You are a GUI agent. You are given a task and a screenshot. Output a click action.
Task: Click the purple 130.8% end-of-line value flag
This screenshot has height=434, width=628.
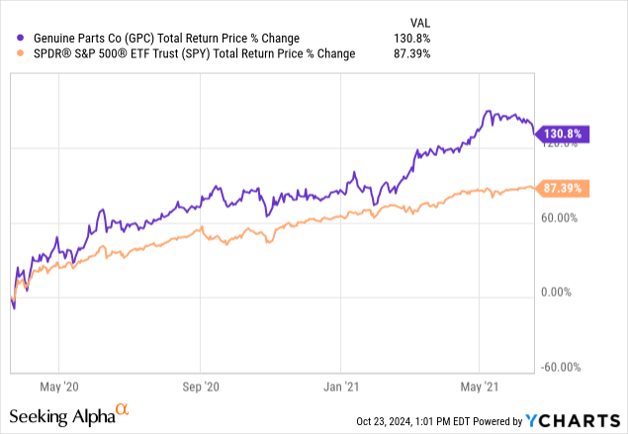click(x=563, y=133)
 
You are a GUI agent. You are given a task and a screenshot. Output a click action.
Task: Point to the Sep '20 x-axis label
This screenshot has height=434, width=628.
click(x=202, y=387)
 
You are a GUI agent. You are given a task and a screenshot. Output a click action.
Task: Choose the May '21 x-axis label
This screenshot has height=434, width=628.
click(x=479, y=387)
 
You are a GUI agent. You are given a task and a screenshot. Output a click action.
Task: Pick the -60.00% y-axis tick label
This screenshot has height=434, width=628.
click(x=565, y=367)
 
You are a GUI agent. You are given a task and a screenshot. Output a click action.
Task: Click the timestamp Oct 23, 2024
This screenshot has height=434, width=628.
click(x=391, y=421)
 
